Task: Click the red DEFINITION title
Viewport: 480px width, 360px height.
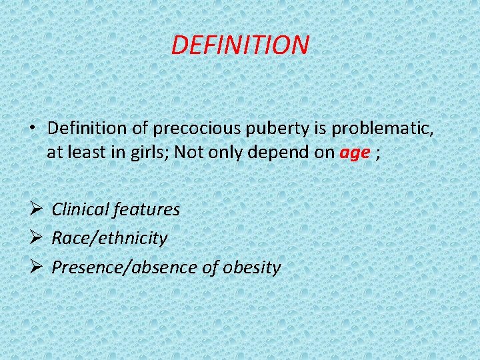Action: point(240,45)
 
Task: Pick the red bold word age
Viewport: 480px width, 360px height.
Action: point(354,153)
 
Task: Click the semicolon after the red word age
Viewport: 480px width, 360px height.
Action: point(379,153)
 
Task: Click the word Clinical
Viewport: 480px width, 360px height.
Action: point(80,209)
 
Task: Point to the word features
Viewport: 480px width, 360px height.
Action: point(146,209)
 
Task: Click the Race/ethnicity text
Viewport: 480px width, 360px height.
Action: point(110,238)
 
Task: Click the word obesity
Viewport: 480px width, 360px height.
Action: point(252,267)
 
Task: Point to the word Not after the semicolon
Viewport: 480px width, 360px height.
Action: point(189,152)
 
